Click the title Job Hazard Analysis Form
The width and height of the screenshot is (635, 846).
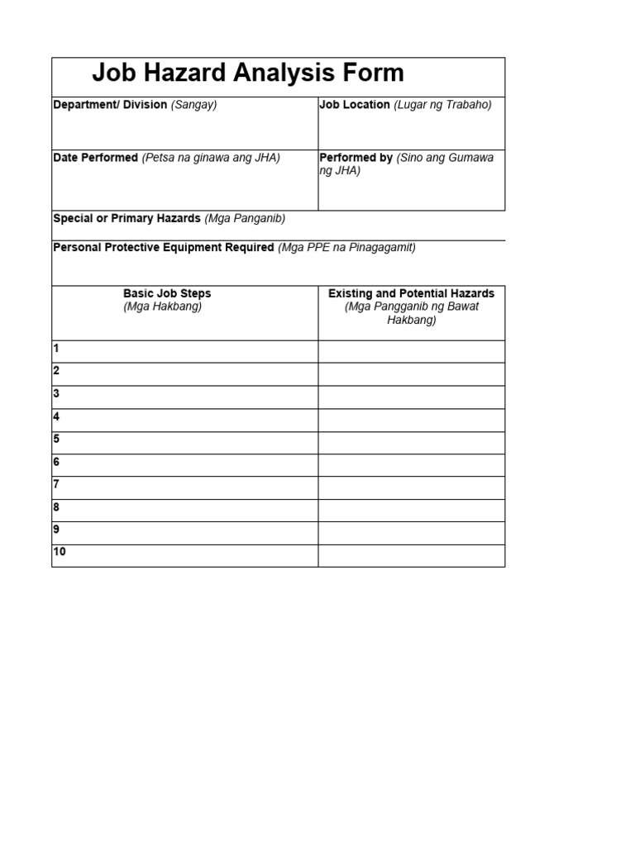pyautogui.click(x=247, y=74)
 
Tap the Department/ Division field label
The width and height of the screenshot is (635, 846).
pyautogui.click(x=110, y=105)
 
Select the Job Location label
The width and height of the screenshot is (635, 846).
pyautogui.click(x=354, y=105)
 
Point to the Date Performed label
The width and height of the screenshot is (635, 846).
pyautogui.click(x=95, y=158)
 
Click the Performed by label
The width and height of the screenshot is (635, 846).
pyautogui.click(x=356, y=158)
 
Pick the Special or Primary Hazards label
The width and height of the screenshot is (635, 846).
pyautogui.click(x=127, y=219)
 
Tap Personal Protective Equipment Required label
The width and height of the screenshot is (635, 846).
pyautogui.click(x=163, y=247)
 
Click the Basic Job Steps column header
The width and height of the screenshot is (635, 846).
pyautogui.click(x=167, y=293)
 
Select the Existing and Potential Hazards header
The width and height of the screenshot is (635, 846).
pyautogui.click(x=411, y=293)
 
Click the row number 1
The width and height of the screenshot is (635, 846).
pyautogui.click(x=56, y=349)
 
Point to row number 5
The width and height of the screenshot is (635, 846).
pyautogui.click(x=56, y=439)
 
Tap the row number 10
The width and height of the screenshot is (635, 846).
pyautogui.click(x=60, y=552)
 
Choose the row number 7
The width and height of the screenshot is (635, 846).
pyautogui.click(x=56, y=484)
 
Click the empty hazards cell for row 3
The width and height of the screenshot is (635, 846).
pyautogui.click(x=411, y=397)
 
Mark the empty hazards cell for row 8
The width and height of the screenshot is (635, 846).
pyautogui.click(x=411, y=510)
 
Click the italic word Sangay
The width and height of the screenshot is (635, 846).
pyautogui.click(x=193, y=105)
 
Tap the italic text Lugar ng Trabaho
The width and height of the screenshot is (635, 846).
pyautogui.click(x=442, y=105)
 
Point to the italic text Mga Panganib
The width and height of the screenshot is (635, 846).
pyautogui.click(x=245, y=219)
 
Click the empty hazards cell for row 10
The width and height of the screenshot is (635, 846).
pyautogui.click(x=411, y=555)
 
